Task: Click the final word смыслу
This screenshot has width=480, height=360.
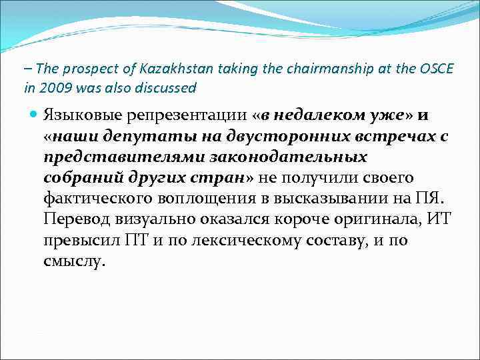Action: [73, 261]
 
